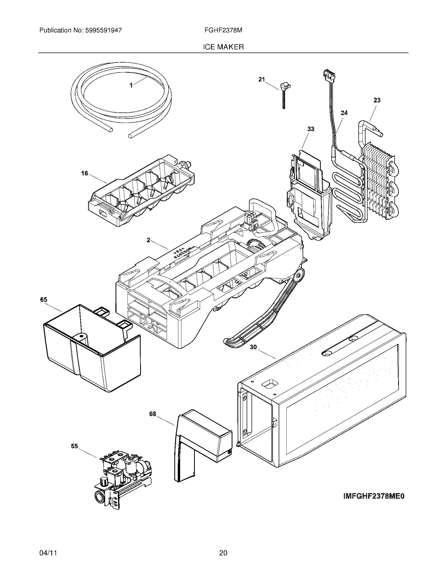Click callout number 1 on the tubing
[131, 85]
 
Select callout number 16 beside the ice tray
[84, 174]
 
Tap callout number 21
[261, 79]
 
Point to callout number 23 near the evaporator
[377, 100]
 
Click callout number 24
[344, 113]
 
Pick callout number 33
[311, 129]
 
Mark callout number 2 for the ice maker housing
[148, 240]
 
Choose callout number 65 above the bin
[43, 300]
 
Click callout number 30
[253, 347]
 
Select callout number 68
[153, 414]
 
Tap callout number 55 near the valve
[74, 446]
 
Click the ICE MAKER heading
[223, 47]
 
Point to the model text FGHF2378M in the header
[223, 30]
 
